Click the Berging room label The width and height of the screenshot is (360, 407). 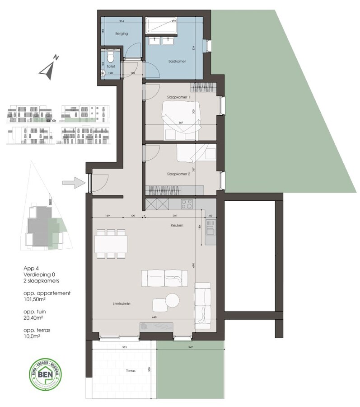pyautogui.click(x=109, y=34)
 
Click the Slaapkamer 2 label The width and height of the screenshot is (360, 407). pyautogui.click(x=178, y=173)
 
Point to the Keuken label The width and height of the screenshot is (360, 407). pyautogui.click(x=177, y=225)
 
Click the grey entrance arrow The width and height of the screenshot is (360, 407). pyautogui.click(x=74, y=183)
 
